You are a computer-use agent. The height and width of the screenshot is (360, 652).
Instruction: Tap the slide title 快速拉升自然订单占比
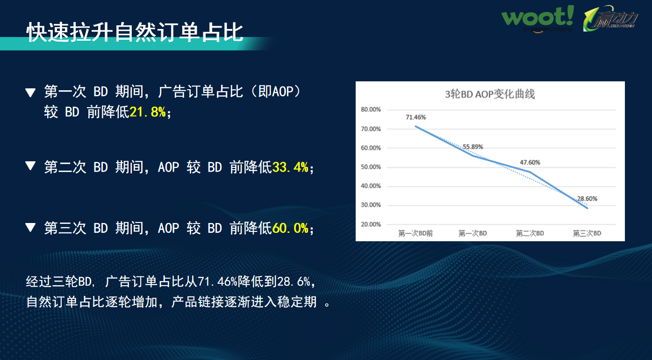135,32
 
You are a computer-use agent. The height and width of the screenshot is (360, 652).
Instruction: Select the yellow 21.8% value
147,112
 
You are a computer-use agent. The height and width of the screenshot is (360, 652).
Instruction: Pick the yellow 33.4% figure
290,167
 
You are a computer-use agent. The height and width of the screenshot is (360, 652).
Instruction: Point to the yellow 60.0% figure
290,228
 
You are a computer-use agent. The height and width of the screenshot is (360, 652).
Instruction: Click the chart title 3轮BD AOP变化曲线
489,94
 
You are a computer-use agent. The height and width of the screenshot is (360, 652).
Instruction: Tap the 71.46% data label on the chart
416,117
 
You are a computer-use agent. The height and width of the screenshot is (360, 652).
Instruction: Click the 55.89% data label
473,147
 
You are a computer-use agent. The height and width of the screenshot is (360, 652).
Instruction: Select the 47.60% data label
530,163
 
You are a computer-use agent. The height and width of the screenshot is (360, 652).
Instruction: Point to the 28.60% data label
587,199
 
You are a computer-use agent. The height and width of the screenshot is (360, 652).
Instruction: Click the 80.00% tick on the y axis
371,110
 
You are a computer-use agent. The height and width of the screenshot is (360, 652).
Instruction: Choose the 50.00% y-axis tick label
371,167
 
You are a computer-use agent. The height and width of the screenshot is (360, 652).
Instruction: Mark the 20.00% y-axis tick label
371,224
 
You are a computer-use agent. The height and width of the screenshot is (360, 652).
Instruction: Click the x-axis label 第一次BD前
415,233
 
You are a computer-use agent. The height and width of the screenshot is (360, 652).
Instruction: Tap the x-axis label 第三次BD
587,233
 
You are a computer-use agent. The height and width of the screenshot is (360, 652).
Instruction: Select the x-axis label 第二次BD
530,233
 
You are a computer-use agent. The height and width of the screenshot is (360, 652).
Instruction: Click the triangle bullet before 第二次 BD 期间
30,166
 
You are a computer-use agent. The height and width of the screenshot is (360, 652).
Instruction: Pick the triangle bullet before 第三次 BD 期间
30,227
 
